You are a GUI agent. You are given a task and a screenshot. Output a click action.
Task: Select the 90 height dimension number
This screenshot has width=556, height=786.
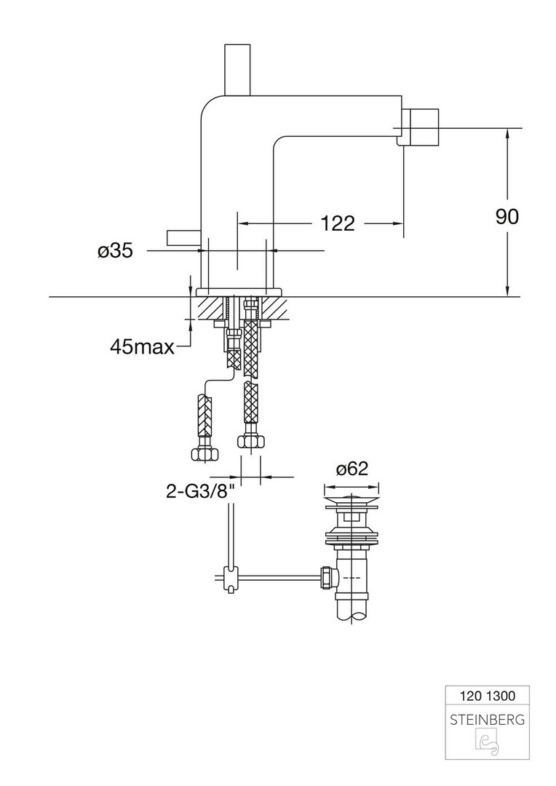click(507, 217)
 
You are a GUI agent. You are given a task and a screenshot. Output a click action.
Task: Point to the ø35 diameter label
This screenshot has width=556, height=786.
click(115, 251)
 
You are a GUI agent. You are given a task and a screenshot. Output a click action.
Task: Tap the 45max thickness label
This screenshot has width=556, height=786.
click(142, 347)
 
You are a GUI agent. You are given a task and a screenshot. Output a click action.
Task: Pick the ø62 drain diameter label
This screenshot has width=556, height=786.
click(352, 469)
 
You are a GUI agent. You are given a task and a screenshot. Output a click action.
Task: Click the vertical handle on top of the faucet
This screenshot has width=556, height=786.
click(237, 69)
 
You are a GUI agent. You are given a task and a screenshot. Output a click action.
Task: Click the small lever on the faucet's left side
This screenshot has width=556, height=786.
click(183, 238)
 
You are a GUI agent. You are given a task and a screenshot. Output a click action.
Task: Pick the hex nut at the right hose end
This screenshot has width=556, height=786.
click(250, 441)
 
